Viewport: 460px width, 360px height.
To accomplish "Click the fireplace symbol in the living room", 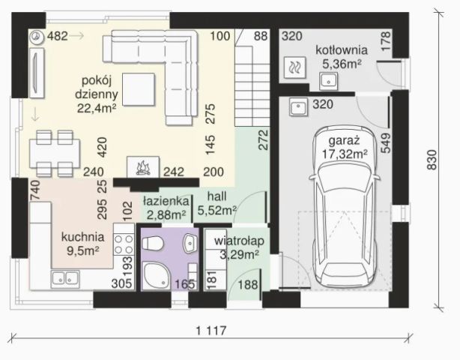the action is [x=143, y=166].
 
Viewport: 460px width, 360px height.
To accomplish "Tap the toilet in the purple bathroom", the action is [x=153, y=243].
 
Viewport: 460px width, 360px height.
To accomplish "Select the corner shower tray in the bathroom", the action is [x=156, y=276].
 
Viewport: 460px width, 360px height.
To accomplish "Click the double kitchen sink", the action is [x=65, y=279].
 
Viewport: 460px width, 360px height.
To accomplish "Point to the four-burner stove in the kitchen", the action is [x=124, y=244].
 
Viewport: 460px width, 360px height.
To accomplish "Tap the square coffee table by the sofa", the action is [x=139, y=89].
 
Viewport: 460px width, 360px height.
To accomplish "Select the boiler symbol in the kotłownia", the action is [x=294, y=67].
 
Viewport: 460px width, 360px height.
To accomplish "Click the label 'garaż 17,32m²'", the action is [x=345, y=147].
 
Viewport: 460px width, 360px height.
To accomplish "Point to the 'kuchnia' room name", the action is [x=82, y=237].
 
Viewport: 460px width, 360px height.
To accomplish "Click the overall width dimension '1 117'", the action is [x=211, y=331].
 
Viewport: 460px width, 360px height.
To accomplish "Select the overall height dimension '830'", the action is [x=432, y=160].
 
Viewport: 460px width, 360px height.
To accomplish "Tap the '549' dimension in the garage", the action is [x=386, y=143].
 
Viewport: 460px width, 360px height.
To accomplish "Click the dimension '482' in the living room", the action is [x=58, y=36].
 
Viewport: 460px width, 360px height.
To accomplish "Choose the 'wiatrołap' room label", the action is [x=239, y=241].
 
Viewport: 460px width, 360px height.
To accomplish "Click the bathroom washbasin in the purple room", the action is [x=190, y=243].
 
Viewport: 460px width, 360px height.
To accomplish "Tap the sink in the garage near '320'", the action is [x=298, y=107].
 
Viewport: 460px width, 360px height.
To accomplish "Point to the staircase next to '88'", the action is [x=252, y=86].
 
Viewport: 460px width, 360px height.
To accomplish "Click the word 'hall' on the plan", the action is [x=217, y=196].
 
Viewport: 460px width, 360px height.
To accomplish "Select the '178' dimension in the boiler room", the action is [x=386, y=41].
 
